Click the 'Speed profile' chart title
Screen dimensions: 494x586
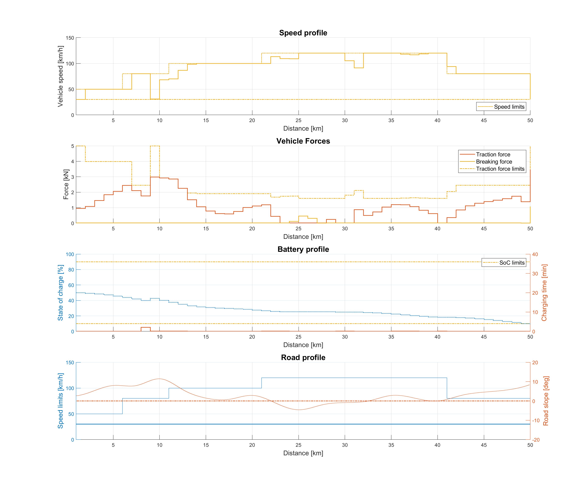(303, 33)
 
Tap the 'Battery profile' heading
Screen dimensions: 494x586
(303, 249)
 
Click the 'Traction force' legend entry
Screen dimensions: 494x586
(493, 154)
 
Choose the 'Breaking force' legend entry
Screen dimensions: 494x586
(494, 162)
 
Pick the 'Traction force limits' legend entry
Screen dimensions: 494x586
(500, 169)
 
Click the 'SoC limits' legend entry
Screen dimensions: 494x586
(512, 263)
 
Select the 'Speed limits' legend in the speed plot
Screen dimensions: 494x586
(509, 107)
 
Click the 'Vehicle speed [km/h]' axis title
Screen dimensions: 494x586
(60, 76)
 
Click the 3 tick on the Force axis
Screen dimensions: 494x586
(73, 177)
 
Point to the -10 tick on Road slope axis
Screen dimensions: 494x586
(536, 420)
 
